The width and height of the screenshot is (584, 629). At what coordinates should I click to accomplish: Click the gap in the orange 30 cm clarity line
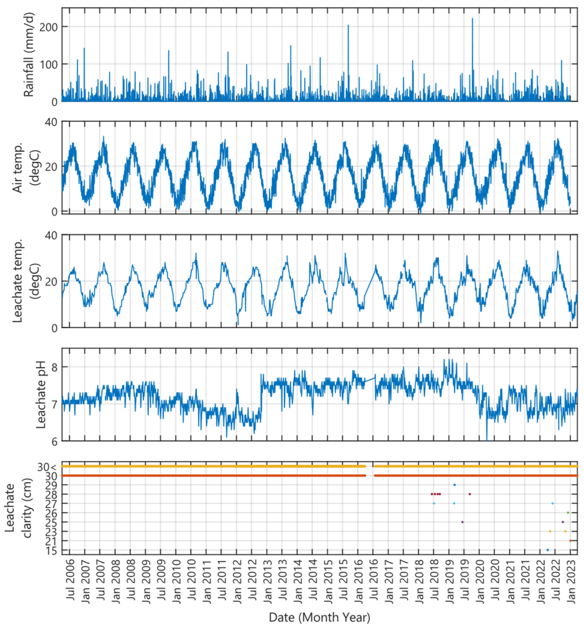[370, 476]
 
